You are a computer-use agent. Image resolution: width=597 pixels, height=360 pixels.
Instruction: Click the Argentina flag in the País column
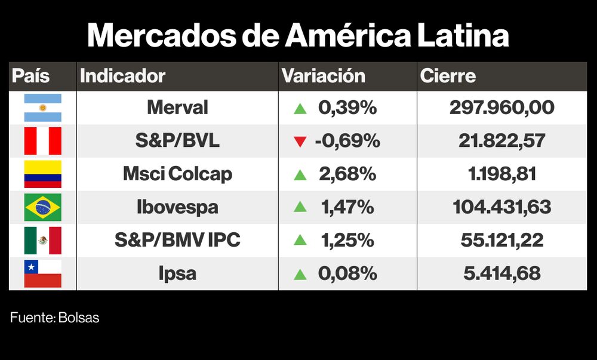click(x=42, y=108)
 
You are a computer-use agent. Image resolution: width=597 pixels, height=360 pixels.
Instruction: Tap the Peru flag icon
click(x=42, y=141)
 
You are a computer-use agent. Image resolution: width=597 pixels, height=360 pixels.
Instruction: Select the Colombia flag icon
click(x=42, y=174)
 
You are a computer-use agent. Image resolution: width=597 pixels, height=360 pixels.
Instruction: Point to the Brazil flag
click(x=42, y=208)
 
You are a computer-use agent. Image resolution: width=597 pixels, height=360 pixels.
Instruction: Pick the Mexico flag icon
click(x=42, y=241)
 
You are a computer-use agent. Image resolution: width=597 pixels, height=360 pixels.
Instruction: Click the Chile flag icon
click(x=42, y=273)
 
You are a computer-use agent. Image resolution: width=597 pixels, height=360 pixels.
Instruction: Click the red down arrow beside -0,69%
click(x=300, y=142)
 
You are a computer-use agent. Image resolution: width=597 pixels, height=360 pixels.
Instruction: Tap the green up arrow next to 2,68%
click(x=300, y=175)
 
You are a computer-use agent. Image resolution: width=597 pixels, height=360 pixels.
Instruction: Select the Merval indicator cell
click(x=177, y=108)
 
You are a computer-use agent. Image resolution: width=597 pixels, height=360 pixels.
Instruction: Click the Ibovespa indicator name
click(x=177, y=208)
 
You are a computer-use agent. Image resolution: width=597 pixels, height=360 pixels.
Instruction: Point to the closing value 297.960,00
click(x=501, y=108)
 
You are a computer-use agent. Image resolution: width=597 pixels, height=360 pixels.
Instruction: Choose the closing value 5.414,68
click(x=501, y=274)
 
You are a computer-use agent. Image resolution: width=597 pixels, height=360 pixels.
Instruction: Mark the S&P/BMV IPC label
click(x=177, y=241)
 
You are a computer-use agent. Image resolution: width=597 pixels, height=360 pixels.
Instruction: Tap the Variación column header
click(x=323, y=76)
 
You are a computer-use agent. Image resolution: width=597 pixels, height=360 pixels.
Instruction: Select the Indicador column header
click(x=122, y=76)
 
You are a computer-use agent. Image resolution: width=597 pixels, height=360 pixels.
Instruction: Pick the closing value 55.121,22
click(x=501, y=241)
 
